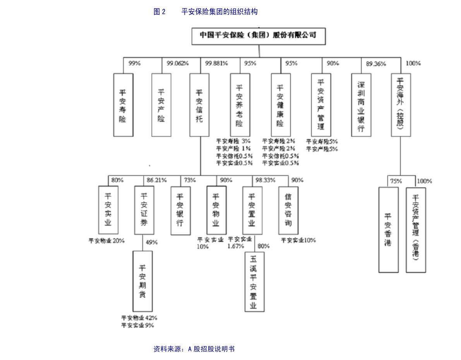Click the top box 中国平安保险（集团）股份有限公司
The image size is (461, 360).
259,36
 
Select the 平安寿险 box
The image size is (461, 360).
123,105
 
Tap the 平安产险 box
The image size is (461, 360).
161,105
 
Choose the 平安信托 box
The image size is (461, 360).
199,105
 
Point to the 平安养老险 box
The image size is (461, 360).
240,105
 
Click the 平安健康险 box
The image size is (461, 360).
281,105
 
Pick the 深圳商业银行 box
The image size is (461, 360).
361,105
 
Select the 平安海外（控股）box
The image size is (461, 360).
401,105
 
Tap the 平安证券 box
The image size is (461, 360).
144,210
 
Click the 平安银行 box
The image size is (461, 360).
181,211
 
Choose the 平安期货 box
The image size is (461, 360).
142,281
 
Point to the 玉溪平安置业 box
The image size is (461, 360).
254,281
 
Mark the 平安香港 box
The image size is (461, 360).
388,230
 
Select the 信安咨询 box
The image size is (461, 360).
288,210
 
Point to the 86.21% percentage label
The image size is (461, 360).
157,180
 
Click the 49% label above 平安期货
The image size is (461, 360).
152,242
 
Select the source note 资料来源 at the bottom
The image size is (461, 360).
194,349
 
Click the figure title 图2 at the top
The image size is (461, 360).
159,12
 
